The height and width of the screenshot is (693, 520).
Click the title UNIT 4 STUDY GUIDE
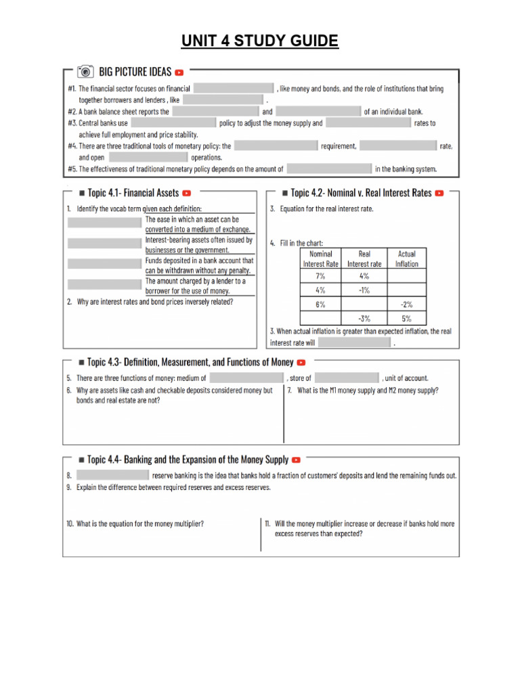coord(260,41)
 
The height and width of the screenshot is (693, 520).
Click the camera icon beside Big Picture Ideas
coord(85,72)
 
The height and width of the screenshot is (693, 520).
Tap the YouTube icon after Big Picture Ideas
coord(179,72)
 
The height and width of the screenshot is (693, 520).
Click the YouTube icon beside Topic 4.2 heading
coord(439,193)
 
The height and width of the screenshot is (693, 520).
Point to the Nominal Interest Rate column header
coord(320,259)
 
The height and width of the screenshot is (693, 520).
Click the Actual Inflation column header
coord(406,259)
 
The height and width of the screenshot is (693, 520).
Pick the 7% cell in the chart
coord(320,276)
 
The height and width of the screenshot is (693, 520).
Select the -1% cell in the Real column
coord(364,290)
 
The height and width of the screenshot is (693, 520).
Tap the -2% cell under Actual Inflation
coord(406,305)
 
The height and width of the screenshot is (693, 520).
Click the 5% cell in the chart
coord(406,319)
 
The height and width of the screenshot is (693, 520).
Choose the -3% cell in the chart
coord(364,319)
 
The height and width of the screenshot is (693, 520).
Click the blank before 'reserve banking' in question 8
coord(112,476)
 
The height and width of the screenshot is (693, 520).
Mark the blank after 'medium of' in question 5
coord(246,378)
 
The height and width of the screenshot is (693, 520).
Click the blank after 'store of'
coord(347,378)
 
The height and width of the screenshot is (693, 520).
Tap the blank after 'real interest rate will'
coord(355,343)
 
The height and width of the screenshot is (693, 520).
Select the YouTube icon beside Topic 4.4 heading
coord(296,460)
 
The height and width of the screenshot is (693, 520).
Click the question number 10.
coord(70,524)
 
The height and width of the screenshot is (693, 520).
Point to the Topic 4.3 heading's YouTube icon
coord(301,363)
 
